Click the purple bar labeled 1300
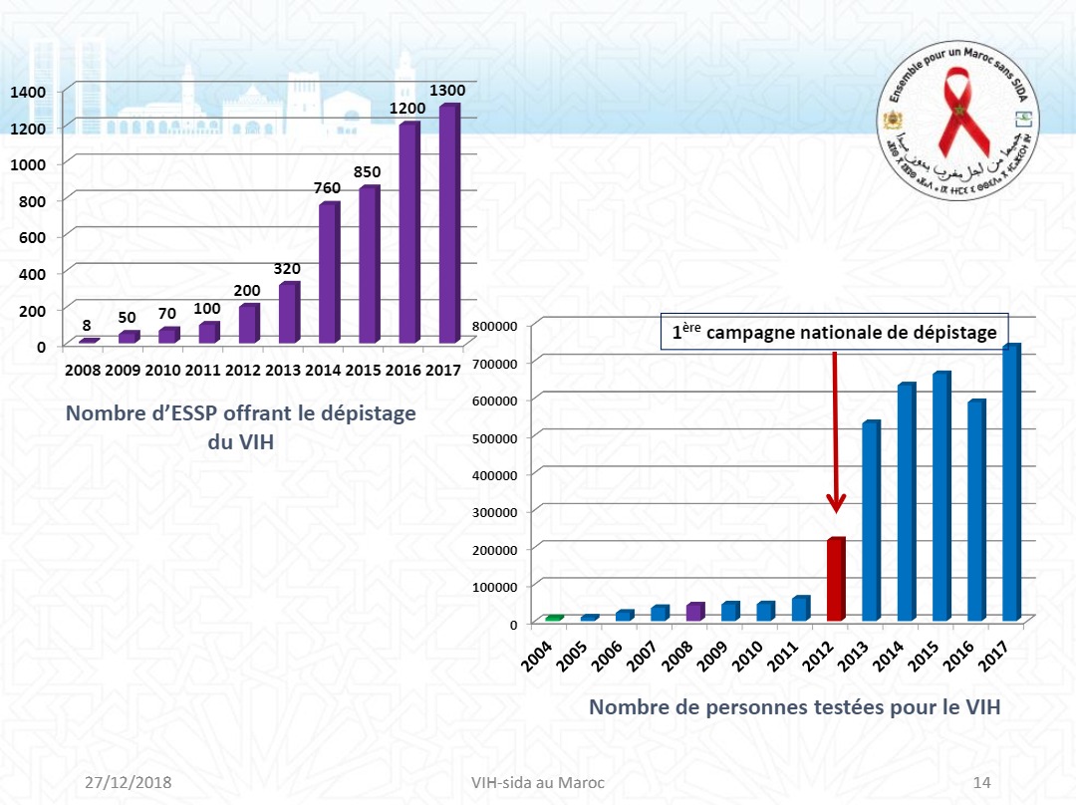click(448, 224)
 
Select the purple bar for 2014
click(329, 274)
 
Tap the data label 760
click(329, 188)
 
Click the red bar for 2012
click(835, 580)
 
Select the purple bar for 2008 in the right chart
click(694, 612)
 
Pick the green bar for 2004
click(554, 619)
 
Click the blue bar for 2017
click(1010, 483)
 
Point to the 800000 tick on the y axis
click(495, 326)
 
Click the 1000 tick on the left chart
click(28, 163)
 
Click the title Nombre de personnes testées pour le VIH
click(794, 707)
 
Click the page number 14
click(980, 782)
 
